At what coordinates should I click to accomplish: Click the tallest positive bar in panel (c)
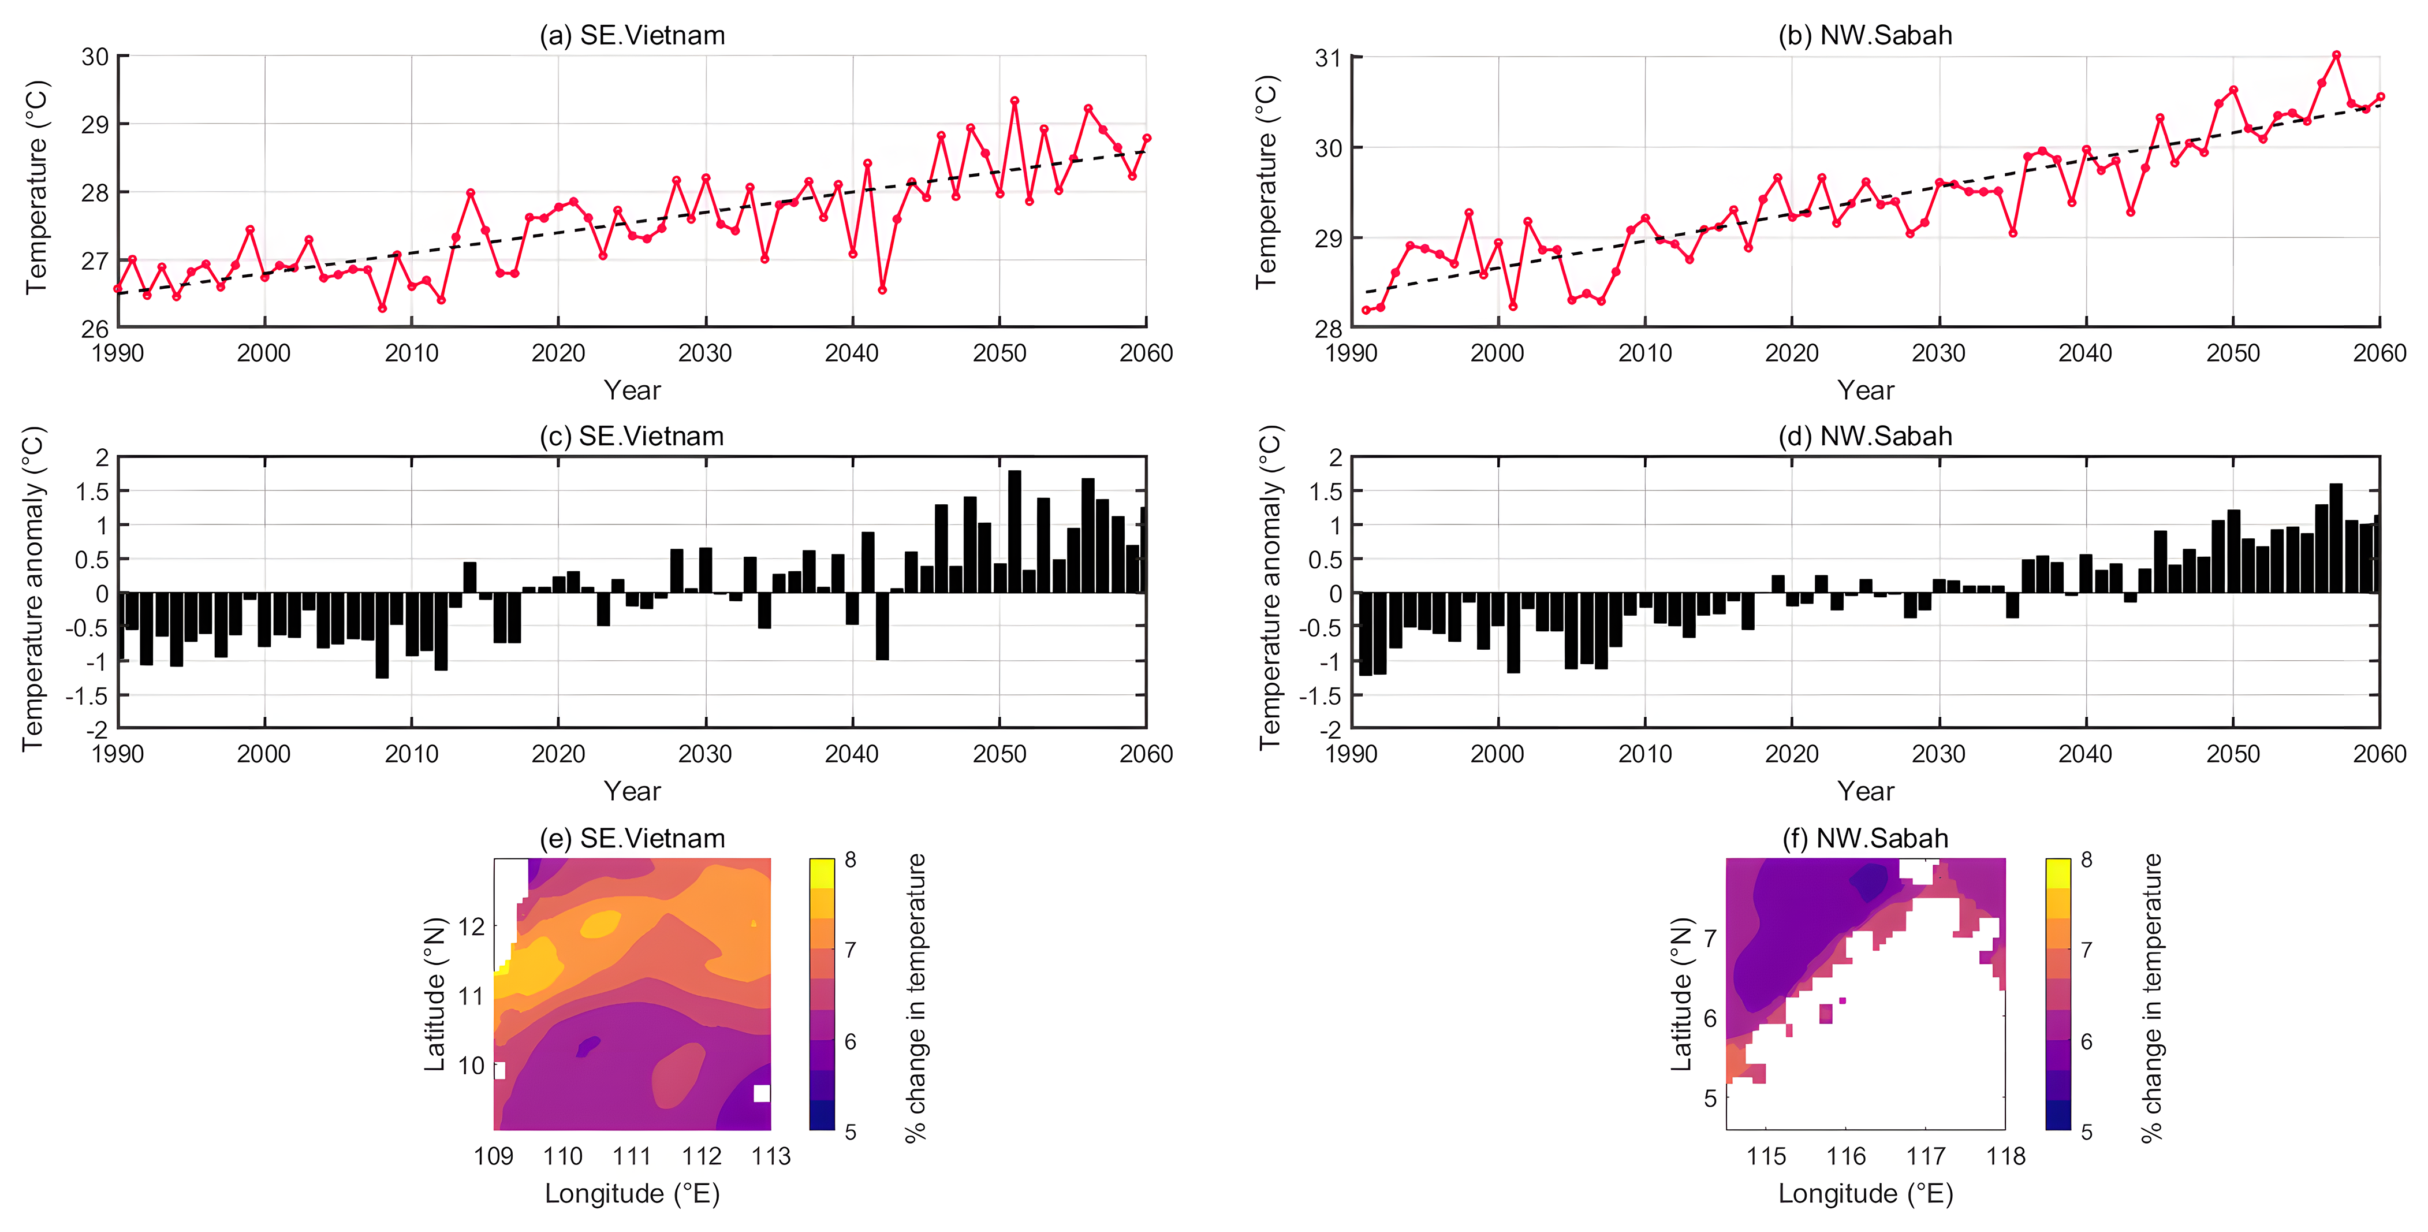pos(1014,531)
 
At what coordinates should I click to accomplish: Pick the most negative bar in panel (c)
pos(382,635)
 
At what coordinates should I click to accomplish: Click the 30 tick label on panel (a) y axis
pos(95,57)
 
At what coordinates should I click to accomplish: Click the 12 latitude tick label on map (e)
pos(471,926)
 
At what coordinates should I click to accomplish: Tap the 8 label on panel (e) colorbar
pos(850,859)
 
